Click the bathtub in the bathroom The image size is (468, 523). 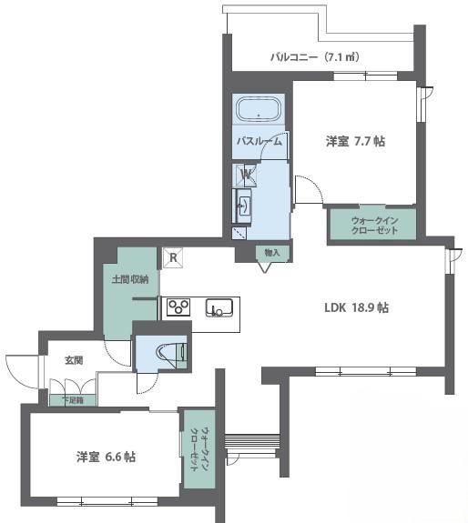pos(259,109)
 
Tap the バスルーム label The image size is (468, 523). pos(259,141)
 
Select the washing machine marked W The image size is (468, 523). pos(245,175)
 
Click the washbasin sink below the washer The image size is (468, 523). pos(243,206)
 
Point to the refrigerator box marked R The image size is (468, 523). pos(173,257)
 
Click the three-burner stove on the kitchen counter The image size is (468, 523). pos(178,307)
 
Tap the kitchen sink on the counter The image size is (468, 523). pos(219,307)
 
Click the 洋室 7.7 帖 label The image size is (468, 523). pos(355,141)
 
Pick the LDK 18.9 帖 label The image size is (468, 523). pos(357,307)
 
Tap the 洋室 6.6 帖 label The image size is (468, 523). pos(106,457)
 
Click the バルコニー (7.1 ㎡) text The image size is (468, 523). pos(315,57)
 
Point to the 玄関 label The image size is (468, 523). pos(74,360)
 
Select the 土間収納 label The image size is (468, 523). pos(130,279)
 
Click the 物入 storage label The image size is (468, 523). pos(272,253)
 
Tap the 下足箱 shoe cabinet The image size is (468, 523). pos(73,400)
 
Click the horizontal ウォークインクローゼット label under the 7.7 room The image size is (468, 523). pos(374,226)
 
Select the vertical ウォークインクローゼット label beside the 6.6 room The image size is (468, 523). pos(199,449)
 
